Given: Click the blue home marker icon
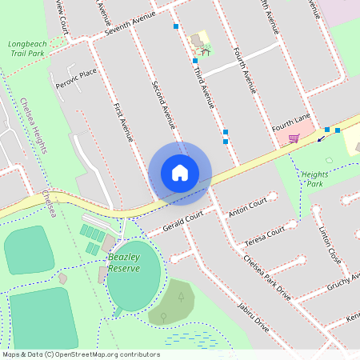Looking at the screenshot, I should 180,173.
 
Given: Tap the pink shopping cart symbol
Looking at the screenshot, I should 294,138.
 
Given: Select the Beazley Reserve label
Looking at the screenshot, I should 124,262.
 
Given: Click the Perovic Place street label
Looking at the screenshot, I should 75,78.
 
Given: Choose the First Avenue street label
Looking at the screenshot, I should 123,122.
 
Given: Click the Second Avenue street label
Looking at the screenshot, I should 163,104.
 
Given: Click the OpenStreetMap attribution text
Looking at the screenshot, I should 81,354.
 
